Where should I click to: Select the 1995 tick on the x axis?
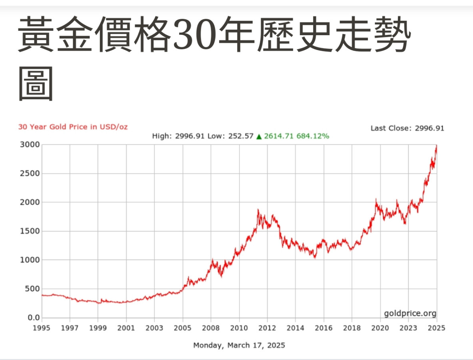[42, 328]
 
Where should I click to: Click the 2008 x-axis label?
[211, 328]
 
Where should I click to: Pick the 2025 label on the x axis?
[437, 328]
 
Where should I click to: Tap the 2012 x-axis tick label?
[267, 328]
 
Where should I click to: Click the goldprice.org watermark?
[410, 313]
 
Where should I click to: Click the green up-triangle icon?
[259, 136]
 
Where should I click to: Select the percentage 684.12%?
[313, 136]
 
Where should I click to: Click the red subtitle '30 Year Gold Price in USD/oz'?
[73, 127]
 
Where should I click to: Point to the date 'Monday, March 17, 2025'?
[239, 345]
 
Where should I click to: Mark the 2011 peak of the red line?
[258, 210]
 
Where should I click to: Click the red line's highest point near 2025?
[436, 146]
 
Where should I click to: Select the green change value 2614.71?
[279, 136]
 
